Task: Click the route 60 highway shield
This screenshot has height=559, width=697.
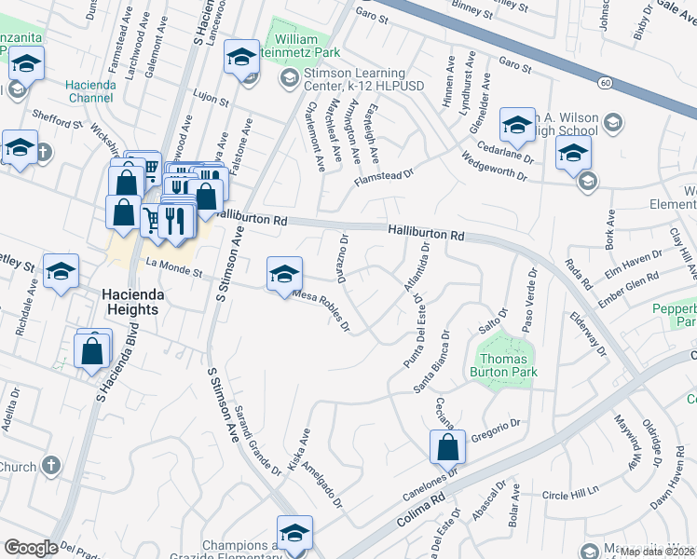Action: (605, 84)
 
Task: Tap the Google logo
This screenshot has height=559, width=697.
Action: (31, 547)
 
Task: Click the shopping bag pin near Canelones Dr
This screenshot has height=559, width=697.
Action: (447, 448)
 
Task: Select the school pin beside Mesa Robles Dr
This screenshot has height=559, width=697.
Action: (285, 274)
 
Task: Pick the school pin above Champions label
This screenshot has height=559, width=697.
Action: (294, 534)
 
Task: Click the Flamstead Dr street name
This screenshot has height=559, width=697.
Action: (382, 173)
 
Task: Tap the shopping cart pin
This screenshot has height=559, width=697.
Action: (153, 220)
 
